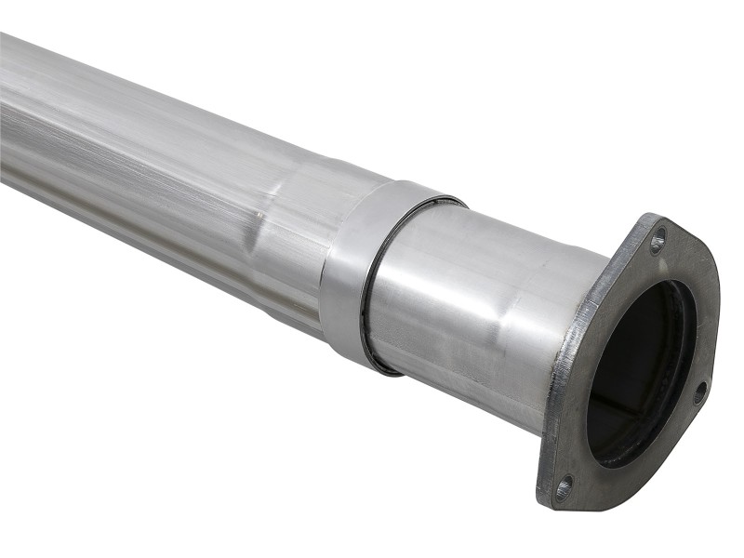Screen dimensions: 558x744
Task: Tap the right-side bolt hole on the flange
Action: pos(699,392)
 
